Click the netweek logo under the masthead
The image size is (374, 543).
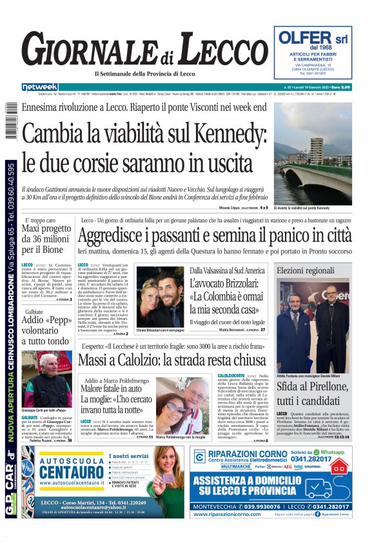[40, 87]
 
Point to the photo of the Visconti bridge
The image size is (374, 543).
[313, 153]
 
